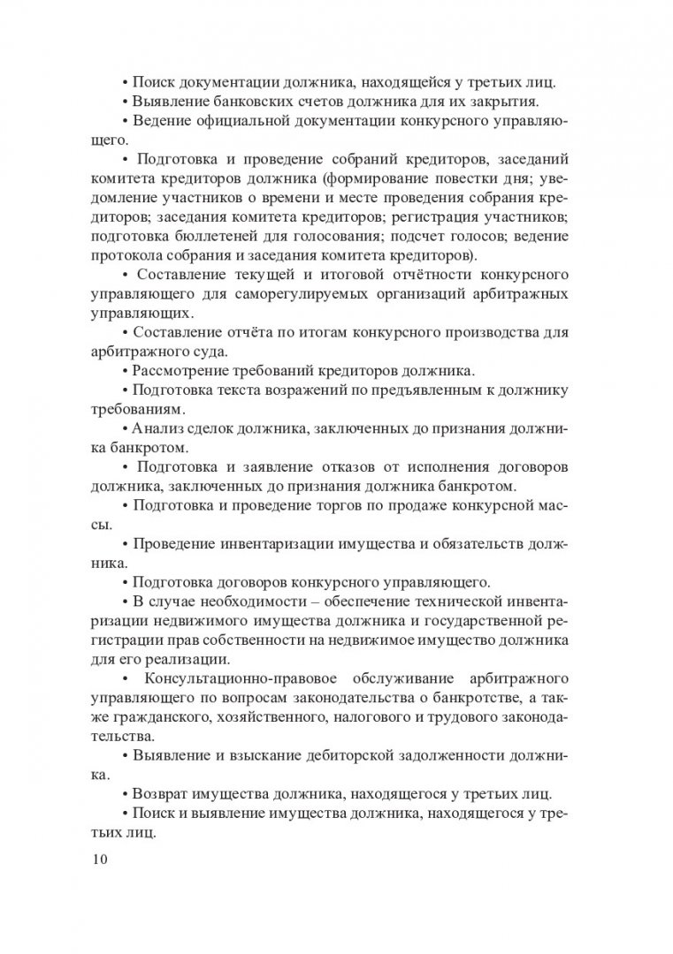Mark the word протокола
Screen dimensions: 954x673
[x=125, y=256]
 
